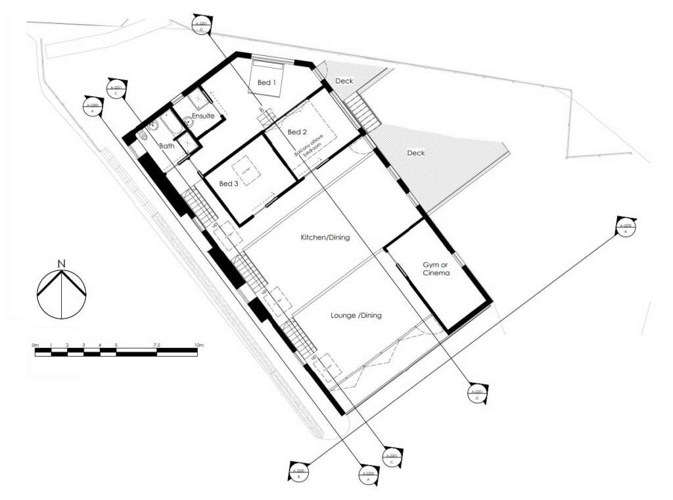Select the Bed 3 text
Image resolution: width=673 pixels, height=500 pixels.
228,183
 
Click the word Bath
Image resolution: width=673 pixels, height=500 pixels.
166,146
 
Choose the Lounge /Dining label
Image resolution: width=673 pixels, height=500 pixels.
356,316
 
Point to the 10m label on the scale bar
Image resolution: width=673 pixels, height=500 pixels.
198,345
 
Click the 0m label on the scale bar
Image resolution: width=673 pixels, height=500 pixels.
35,345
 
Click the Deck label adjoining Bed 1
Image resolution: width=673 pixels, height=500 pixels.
344,81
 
